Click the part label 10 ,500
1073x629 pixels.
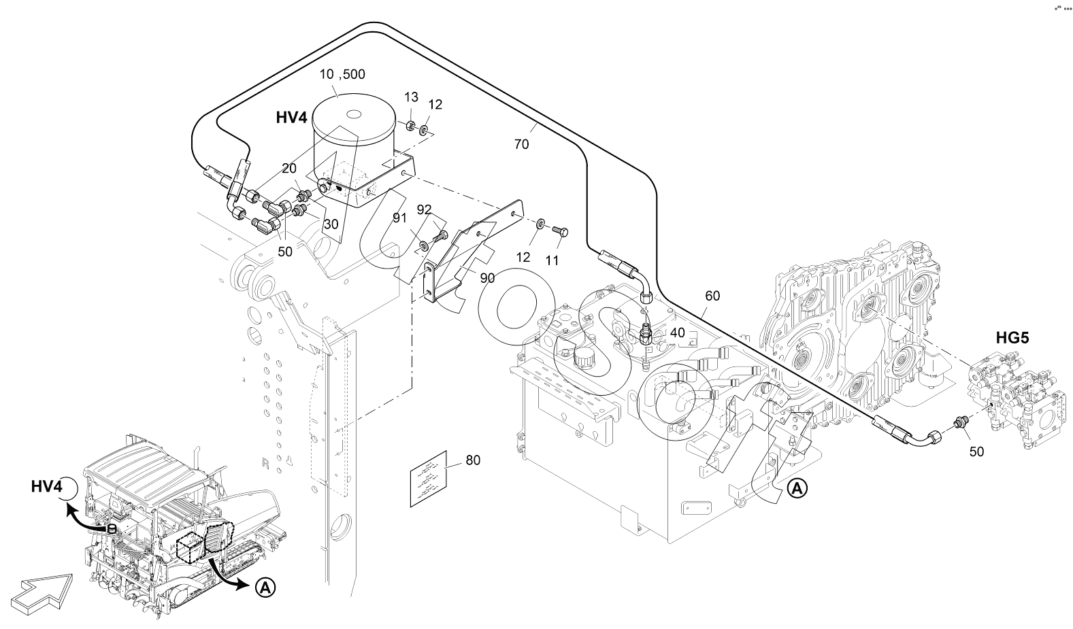pyautogui.click(x=343, y=74)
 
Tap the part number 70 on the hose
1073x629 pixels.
pyautogui.click(x=521, y=144)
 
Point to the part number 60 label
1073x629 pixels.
pyautogui.click(x=712, y=296)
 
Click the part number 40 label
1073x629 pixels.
pyautogui.click(x=678, y=333)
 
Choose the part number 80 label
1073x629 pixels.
pyautogui.click(x=472, y=460)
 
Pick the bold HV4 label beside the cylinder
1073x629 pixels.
pyautogui.click(x=292, y=118)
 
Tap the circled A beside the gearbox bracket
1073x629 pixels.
pyautogui.click(x=797, y=488)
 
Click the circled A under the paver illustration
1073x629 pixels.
pyautogui.click(x=266, y=588)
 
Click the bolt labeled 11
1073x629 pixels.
pyautogui.click(x=561, y=233)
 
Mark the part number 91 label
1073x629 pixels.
pyautogui.click(x=399, y=218)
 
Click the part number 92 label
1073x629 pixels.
pyautogui.click(x=424, y=209)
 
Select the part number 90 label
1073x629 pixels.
pyautogui.click(x=487, y=277)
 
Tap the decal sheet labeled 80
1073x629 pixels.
pyautogui.click(x=427, y=478)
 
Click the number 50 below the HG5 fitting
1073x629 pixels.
pyautogui.click(x=976, y=451)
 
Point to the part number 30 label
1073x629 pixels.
pyautogui.click(x=331, y=223)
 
